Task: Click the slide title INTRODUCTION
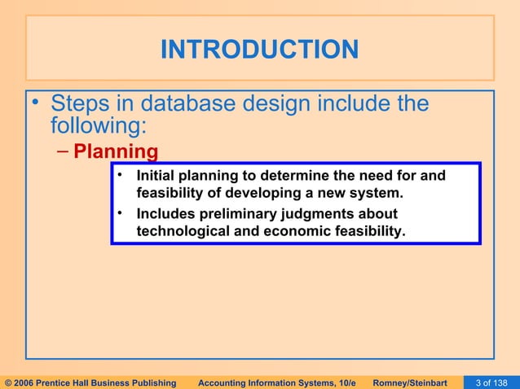click(x=259, y=50)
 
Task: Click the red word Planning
click(x=115, y=152)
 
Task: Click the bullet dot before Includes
click(x=119, y=213)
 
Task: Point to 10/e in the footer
click(x=346, y=382)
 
